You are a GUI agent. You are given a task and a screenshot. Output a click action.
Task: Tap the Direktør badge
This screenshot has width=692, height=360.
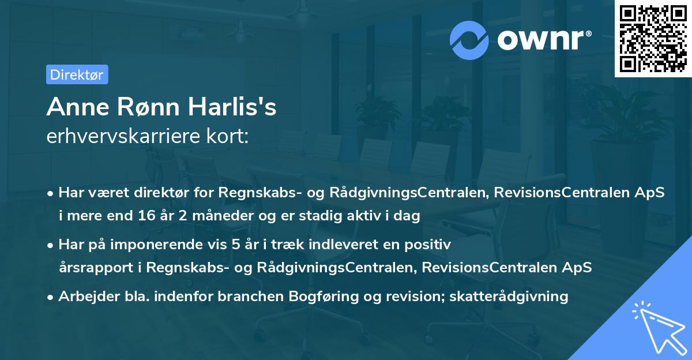[77, 74]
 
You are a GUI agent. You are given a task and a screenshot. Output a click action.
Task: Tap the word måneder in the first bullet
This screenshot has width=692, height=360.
[210, 216]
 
